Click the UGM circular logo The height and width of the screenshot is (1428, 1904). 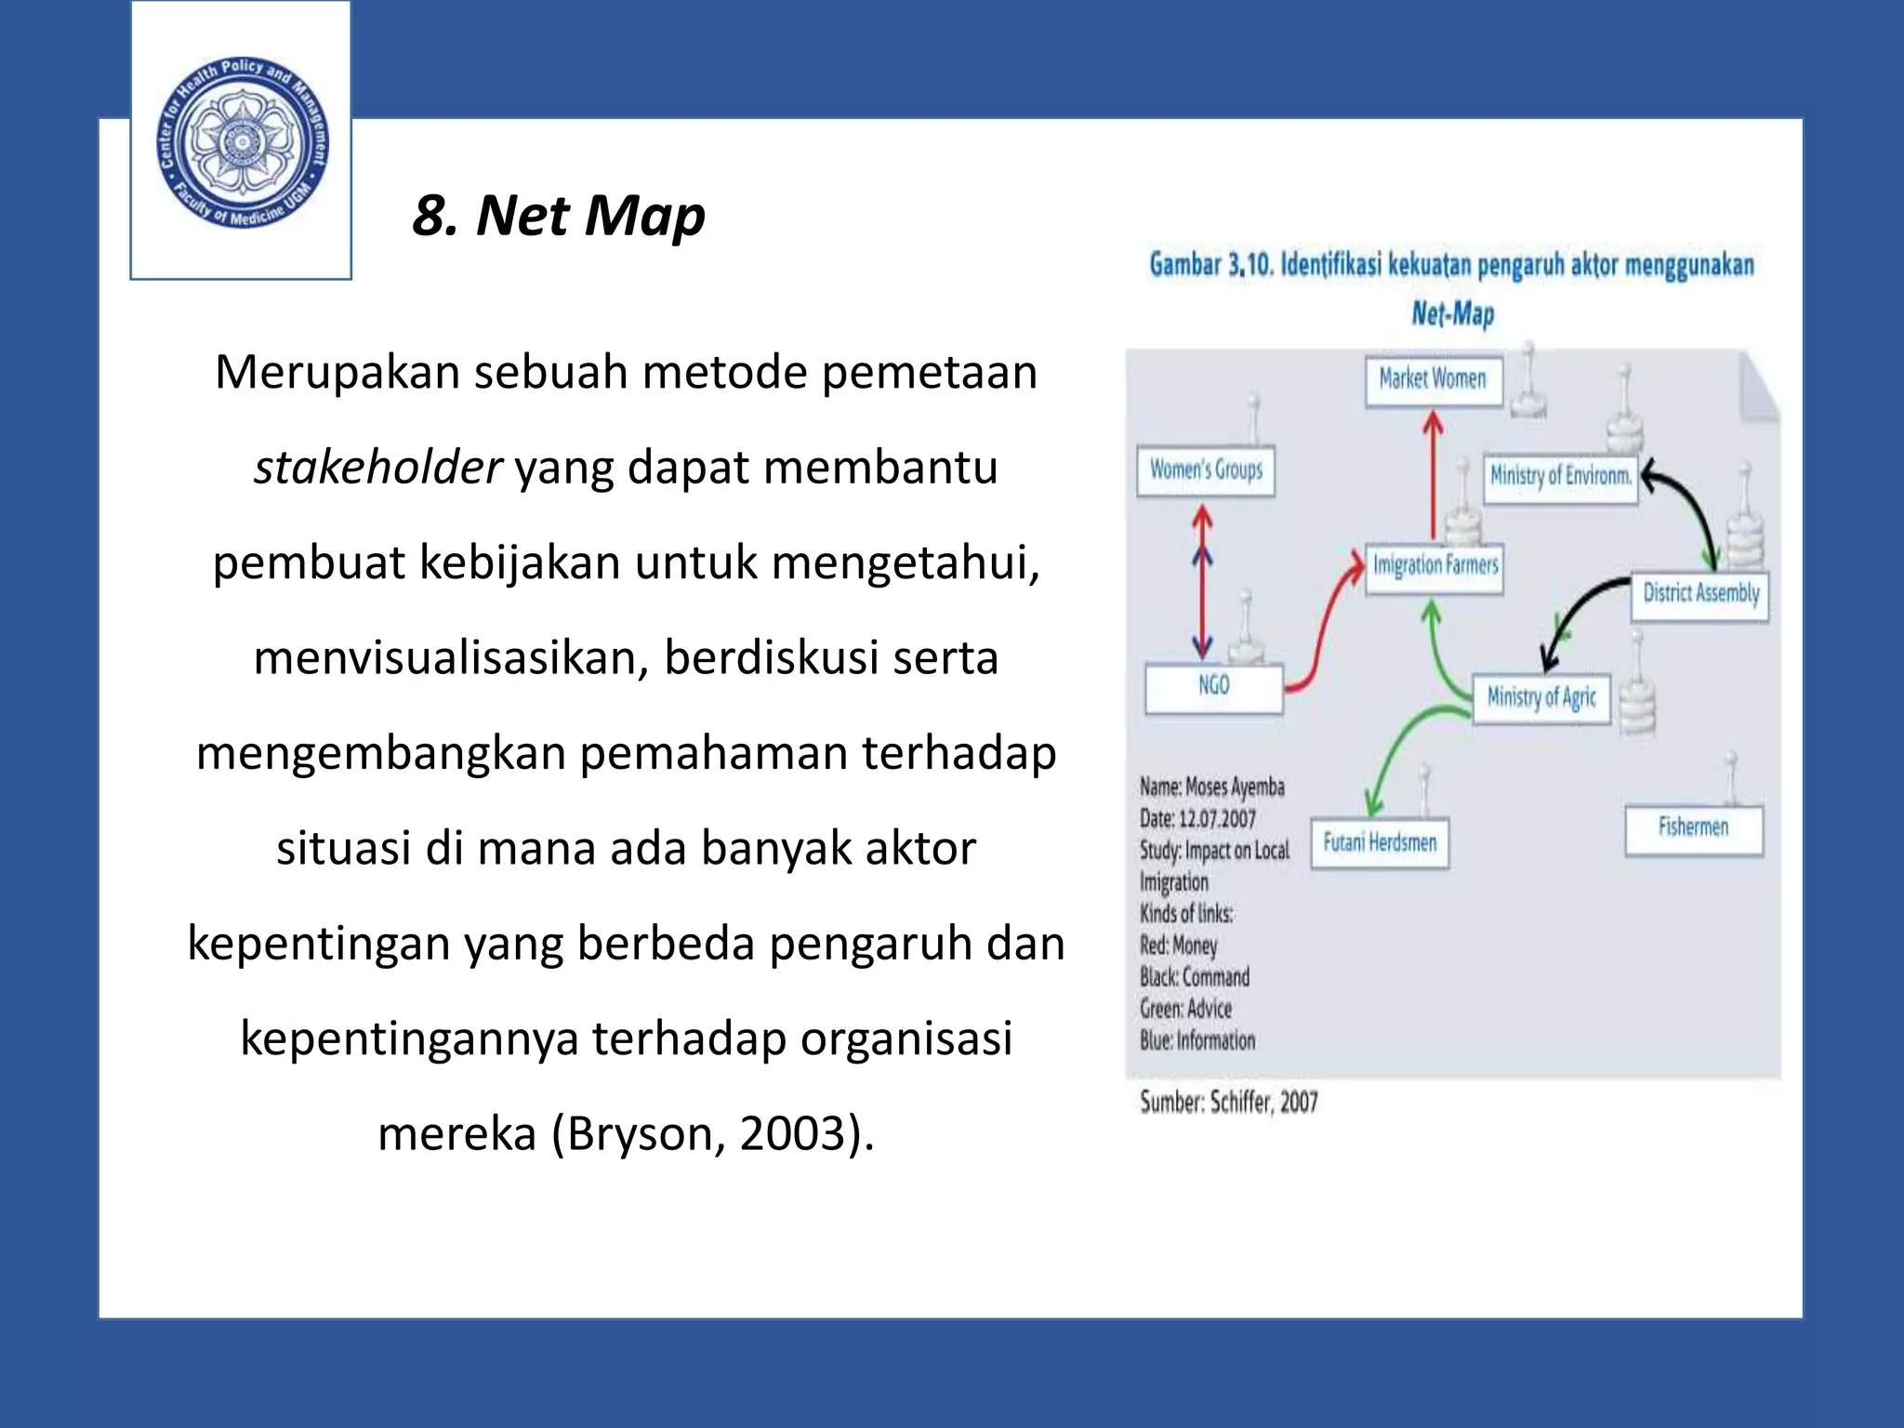(x=242, y=141)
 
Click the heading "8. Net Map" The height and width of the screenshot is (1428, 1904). (x=559, y=216)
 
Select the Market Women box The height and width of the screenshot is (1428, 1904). (x=1433, y=380)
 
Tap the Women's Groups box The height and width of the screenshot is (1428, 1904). (x=1206, y=470)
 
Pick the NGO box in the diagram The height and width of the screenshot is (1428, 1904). (x=1213, y=687)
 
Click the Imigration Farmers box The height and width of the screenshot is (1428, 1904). (x=1435, y=566)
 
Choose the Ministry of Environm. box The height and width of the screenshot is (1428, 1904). (x=1560, y=477)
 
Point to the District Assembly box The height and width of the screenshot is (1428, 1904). (x=1700, y=594)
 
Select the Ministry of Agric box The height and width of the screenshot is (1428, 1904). (x=1541, y=697)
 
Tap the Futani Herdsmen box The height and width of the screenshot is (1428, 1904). (x=1380, y=843)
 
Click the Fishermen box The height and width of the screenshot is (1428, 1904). (x=1693, y=828)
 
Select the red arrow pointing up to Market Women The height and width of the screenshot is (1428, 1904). (x=1434, y=474)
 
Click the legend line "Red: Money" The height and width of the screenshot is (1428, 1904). (x=1178, y=946)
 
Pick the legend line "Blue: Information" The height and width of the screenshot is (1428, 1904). (x=1197, y=1041)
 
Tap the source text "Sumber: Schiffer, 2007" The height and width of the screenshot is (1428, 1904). (x=1229, y=1103)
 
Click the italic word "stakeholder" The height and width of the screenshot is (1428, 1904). (x=377, y=468)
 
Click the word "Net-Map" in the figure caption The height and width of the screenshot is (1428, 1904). (x=1452, y=314)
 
